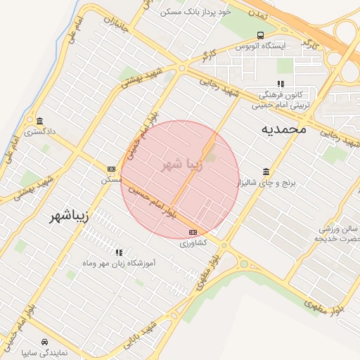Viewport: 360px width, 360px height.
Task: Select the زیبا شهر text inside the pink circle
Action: click(182, 165)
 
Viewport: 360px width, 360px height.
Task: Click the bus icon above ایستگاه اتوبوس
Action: click(261, 35)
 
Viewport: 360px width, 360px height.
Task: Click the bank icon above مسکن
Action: click(111, 169)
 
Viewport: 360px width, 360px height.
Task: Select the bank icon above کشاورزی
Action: click(193, 232)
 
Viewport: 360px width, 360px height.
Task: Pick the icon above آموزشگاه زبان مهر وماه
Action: click(118, 252)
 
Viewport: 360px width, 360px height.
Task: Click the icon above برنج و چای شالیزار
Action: click(266, 172)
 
